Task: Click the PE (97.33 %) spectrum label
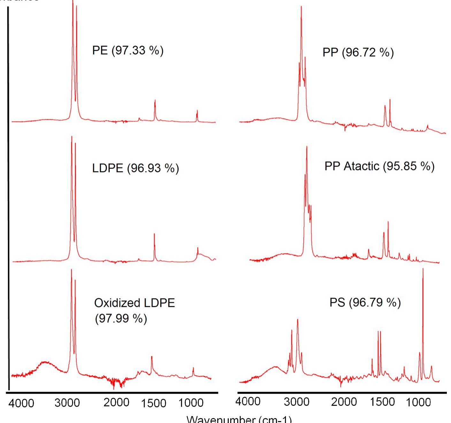pos(128,50)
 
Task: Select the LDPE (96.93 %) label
pos(135,168)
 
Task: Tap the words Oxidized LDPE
pos(134,303)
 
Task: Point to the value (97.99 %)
pos(121,319)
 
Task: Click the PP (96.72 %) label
pos(358,52)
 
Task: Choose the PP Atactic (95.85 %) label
pos(379,166)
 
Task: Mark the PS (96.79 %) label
pos(365,302)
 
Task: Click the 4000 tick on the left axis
pos(21,403)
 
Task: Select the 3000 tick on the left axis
pos(67,403)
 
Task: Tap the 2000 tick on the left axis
pos(116,403)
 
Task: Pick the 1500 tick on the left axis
pos(154,403)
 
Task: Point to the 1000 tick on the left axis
pos(191,403)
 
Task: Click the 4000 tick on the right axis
pos(248,401)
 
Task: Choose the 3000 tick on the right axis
pos(296,402)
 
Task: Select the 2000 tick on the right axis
pos(344,402)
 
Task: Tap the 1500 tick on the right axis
pos(383,402)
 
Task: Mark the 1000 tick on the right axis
pos(418,402)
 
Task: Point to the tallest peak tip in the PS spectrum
pos(423,269)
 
